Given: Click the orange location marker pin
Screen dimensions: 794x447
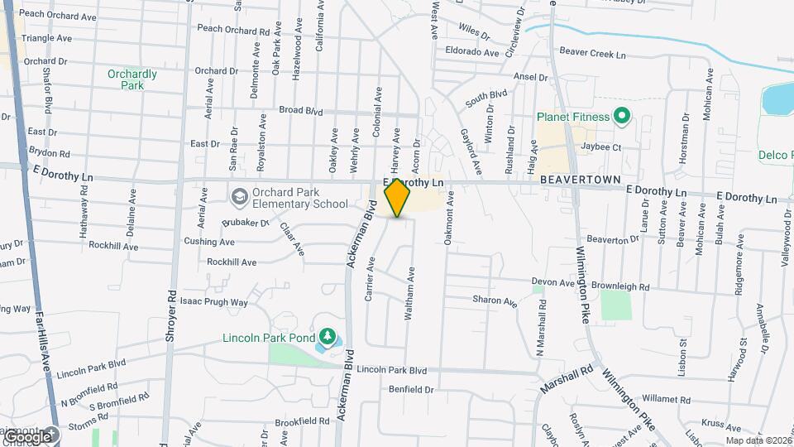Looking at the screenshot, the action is [398, 198].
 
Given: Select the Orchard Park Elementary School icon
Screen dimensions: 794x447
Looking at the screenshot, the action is [240, 196].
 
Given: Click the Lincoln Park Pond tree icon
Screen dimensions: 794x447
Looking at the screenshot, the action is [328, 337].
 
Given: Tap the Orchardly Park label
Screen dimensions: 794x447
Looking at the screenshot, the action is [132, 79].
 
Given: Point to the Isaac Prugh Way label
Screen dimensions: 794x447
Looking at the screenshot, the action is [215, 302].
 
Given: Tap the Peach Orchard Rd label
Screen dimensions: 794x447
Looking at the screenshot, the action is [234, 29].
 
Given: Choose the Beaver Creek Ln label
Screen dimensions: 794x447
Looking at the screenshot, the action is [593, 51].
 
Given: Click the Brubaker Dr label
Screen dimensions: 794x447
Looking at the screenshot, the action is [246, 222].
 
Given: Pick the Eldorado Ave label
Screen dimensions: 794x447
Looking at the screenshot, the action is [472, 51].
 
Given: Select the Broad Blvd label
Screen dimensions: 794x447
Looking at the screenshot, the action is [299, 110].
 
